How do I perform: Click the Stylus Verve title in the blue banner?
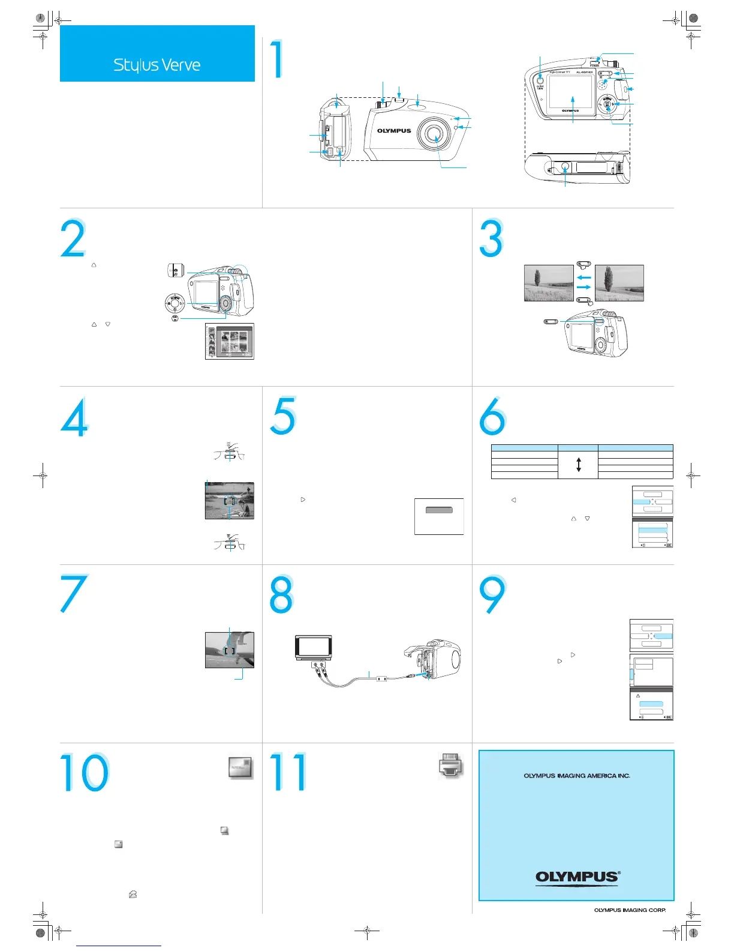(157, 65)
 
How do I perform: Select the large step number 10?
(85, 773)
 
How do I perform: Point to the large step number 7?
(74, 593)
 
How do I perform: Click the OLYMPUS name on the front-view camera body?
(394, 131)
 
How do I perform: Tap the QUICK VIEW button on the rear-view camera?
(540, 78)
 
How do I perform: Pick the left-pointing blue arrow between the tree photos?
(583, 277)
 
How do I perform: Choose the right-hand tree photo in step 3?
(619, 283)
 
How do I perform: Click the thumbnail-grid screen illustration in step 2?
(230, 341)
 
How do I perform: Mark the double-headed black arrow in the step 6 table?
(578, 465)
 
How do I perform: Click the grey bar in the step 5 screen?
(439, 510)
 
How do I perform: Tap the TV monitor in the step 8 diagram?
(314, 647)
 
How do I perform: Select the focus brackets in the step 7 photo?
(229, 650)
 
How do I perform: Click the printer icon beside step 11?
(451, 765)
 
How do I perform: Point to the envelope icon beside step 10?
(240, 767)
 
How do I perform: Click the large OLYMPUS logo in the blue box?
(577, 877)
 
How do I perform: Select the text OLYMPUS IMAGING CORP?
(630, 910)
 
